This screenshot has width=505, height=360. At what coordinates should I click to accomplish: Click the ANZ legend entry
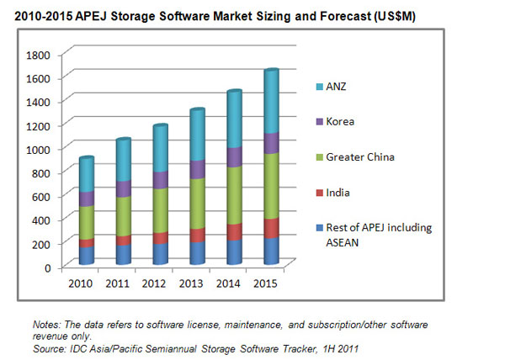coord(331,87)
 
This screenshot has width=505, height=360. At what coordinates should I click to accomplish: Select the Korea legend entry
coord(335,122)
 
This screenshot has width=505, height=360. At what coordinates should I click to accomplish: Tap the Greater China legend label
coord(360,157)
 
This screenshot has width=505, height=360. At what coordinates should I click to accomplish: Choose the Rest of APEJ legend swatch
coord(320,228)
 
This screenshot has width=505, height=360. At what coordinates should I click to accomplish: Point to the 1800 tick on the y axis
coord(38,55)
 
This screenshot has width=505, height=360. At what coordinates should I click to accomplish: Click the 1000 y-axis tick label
coord(38,150)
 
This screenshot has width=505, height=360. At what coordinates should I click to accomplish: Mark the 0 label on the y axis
coord(48,267)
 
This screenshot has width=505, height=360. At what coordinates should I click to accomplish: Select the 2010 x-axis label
coord(80,283)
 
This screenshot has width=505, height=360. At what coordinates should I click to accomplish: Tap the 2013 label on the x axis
coord(191,283)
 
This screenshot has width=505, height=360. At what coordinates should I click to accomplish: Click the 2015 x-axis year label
coord(265,283)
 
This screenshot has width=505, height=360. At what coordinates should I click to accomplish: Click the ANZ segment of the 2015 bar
coord(272,101)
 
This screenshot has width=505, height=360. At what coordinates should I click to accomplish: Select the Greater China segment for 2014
coord(235,195)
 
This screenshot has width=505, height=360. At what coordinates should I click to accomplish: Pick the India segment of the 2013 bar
coord(198,236)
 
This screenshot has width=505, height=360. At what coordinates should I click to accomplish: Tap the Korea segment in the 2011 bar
coord(124,189)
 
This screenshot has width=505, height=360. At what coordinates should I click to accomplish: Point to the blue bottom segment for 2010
coord(87,256)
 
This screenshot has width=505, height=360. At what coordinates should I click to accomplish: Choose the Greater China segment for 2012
coord(161,210)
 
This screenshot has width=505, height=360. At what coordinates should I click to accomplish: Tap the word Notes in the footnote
coord(46,325)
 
